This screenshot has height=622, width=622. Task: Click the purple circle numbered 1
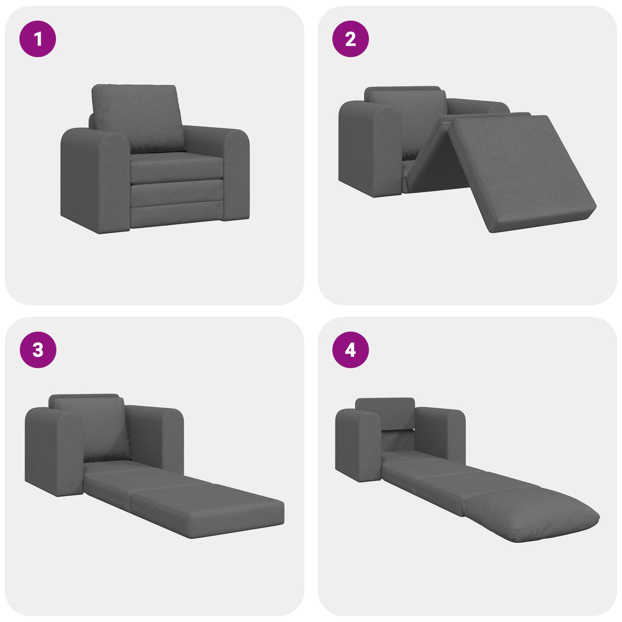tap(38, 39)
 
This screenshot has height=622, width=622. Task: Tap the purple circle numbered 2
tap(350, 39)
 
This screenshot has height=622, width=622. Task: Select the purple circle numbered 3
tap(38, 350)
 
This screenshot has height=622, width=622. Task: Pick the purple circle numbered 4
tap(350, 350)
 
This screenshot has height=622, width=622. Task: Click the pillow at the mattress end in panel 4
tap(533, 513)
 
